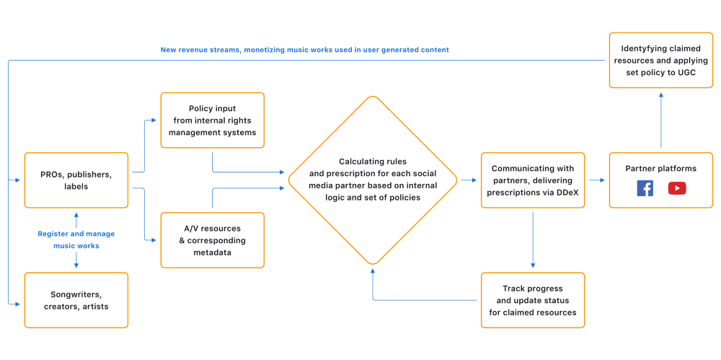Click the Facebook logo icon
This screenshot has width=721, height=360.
[645, 188]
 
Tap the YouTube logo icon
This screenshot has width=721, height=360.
[677, 188]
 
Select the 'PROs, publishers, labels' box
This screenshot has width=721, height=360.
[76, 180]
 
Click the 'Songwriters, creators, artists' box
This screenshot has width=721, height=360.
[76, 300]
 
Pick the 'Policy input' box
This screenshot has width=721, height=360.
[212, 120]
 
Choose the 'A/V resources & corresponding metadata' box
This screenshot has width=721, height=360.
[212, 240]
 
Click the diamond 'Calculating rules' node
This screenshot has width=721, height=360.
[373, 180]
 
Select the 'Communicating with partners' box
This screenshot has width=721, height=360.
[533, 180]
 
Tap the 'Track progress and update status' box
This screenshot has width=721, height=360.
[533, 300]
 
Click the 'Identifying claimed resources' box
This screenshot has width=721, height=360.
[661, 60]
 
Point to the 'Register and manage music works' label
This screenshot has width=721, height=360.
[76, 240]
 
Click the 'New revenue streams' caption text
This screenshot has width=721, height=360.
[304, 50]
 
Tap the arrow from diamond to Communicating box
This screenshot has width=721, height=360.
[469, 180]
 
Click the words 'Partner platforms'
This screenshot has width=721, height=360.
[661, 168]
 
